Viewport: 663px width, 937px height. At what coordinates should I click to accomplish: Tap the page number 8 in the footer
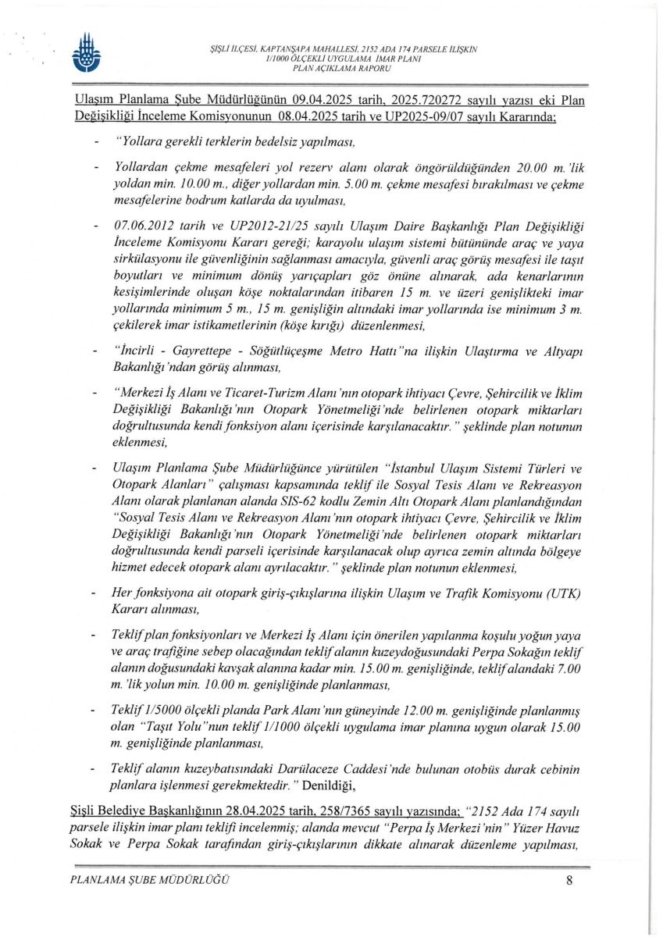[570, 882]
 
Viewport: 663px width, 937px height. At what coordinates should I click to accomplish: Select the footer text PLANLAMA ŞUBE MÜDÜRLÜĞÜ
[149, 882]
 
